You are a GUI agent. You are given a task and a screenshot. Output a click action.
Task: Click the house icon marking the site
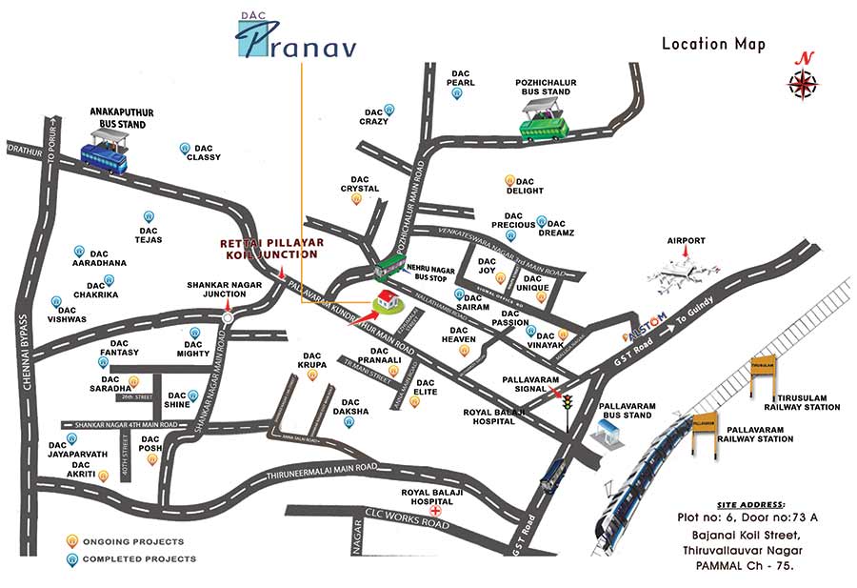[x=387, y=302]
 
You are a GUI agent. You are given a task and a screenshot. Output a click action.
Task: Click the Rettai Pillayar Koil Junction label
[x=271, y=249]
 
